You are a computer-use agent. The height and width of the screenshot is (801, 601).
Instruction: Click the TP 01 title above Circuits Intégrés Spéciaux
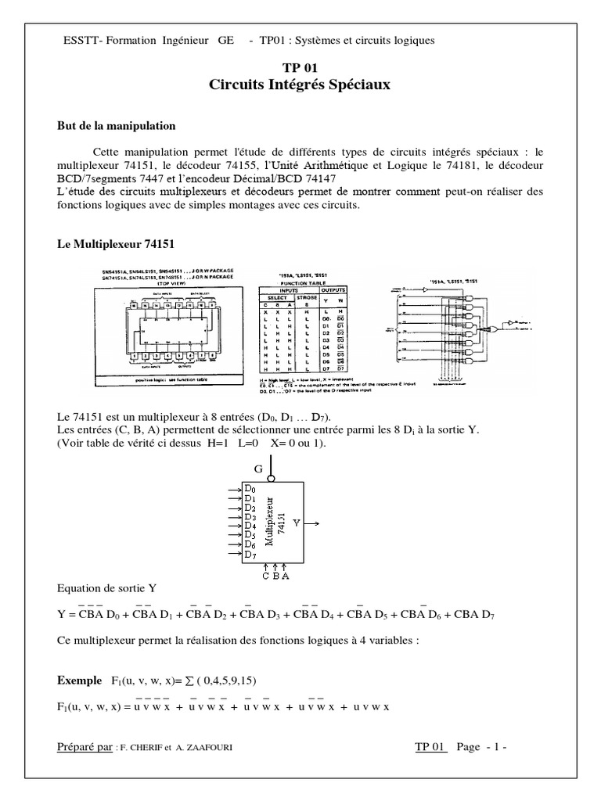300,69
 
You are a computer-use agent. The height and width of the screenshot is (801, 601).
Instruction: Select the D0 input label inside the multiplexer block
250,489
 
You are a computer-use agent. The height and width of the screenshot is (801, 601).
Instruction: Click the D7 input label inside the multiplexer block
250,555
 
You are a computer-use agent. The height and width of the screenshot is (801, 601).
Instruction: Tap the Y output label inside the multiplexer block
296,520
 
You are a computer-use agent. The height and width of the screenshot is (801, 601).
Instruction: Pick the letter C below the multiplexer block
265,576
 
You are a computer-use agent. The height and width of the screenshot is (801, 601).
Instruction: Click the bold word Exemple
80,681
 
